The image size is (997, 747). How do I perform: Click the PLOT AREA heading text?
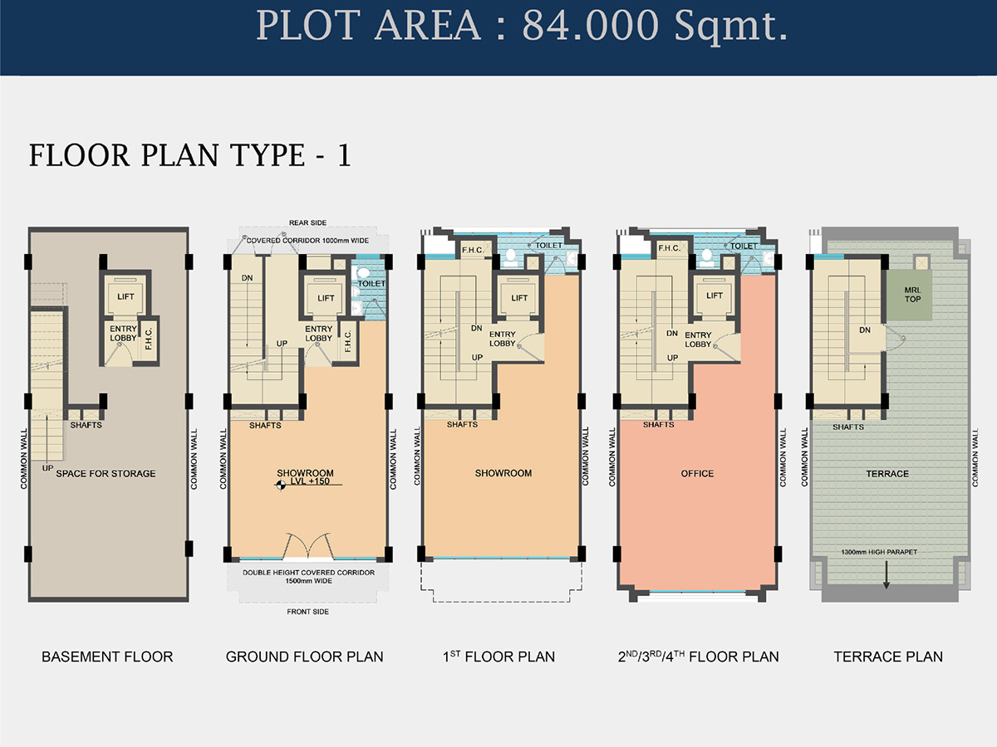click(x=522, y=27)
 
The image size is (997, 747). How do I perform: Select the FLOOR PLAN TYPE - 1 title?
click(x=189, y=155)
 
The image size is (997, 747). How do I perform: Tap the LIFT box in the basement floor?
click(x=125, y=296)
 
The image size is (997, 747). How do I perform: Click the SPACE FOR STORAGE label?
click(x=105, y=473)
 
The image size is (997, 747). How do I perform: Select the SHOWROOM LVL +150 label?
click(x=304, y=478)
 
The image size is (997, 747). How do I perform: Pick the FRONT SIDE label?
click(x=308, y=612)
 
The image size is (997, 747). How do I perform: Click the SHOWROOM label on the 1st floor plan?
click(x=503, y=473)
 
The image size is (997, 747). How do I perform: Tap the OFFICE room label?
click(x=696, y=473)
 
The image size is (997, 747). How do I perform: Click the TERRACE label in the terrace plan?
click(x=888, y=473)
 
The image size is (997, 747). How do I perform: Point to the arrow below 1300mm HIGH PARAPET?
click(x=886, y=574)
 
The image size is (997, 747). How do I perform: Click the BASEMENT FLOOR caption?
click(x=107, y=657)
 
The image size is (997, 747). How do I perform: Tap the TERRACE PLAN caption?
click(x=888, y=657)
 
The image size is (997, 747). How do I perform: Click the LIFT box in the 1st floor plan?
click(x=519, y=297)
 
